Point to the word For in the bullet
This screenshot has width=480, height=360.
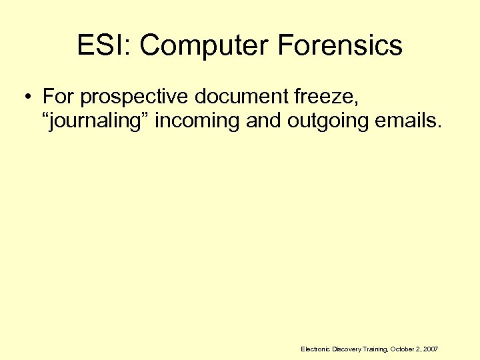pyautogui.click(x=58, y=97)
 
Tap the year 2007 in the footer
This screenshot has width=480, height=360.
pyautogui.click(x=431, y=349)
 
